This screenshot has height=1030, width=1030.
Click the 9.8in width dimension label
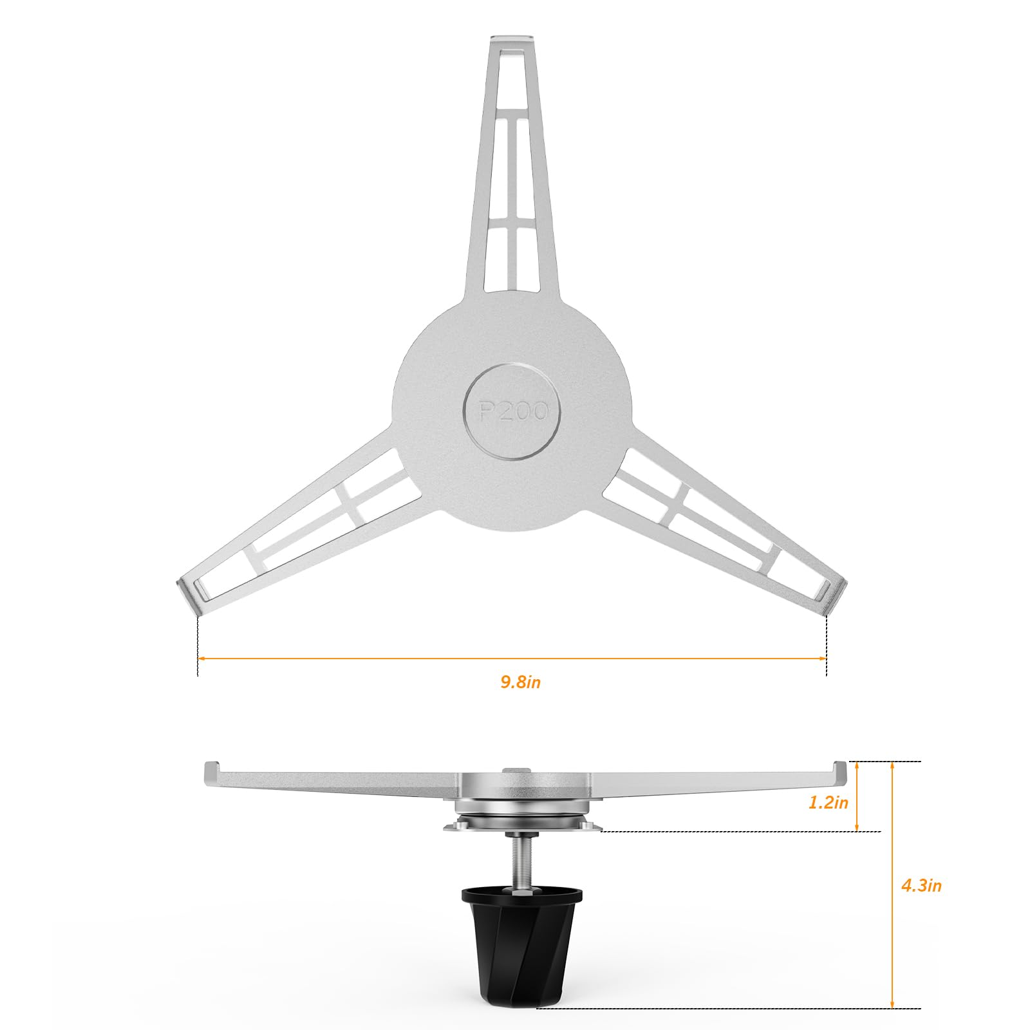[520, 682]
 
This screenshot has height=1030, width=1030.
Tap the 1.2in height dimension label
[829, 803]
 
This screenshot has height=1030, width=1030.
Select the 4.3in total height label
[921, 886]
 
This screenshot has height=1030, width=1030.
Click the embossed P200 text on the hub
[512, 411]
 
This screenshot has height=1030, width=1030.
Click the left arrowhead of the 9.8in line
[201, 659]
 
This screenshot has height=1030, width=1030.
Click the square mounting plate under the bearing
[521, 827]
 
